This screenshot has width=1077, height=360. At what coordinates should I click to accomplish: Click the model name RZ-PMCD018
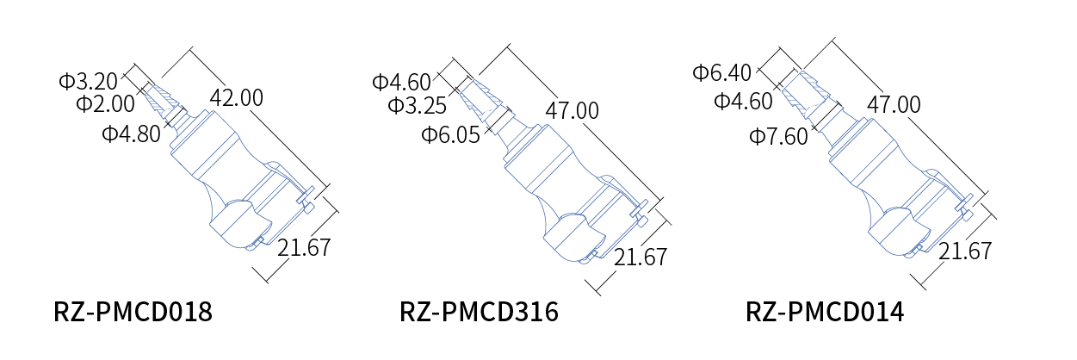click(133, 312)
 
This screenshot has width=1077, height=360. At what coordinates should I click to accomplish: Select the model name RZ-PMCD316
click(479, 312)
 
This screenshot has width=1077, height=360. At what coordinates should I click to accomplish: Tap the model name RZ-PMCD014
click(825, 312)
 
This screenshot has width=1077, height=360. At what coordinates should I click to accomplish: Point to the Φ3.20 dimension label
click(88, 81)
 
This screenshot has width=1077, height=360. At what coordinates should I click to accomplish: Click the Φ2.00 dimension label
click(105, 103)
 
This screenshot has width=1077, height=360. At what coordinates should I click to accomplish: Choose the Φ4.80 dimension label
click(131, 133)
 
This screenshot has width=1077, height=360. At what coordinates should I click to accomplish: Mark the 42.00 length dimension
click(237, 97)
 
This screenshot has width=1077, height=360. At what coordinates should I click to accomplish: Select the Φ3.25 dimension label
click(418, 105)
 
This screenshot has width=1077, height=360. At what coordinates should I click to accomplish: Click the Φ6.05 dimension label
click(450, 134)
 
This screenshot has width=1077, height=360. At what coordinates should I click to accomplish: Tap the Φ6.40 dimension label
click(721, 72)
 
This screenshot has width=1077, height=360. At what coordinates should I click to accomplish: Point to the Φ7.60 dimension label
click(778, 136)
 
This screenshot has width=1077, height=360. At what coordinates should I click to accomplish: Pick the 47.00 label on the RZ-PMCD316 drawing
click(573, 110)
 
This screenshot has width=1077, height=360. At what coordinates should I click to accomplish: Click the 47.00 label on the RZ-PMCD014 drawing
click(894, 104)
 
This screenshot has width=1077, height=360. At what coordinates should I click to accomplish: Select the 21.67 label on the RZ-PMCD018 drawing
click(305, 247)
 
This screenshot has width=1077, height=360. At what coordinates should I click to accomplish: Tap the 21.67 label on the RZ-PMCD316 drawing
click(641, 257)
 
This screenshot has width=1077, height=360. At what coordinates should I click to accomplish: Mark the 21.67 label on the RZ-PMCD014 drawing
click(965, 251)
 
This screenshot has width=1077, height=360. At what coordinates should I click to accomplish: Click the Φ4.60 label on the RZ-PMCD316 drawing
click(401, 82)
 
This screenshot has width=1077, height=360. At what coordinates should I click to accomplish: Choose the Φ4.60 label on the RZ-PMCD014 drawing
click(743, 101)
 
